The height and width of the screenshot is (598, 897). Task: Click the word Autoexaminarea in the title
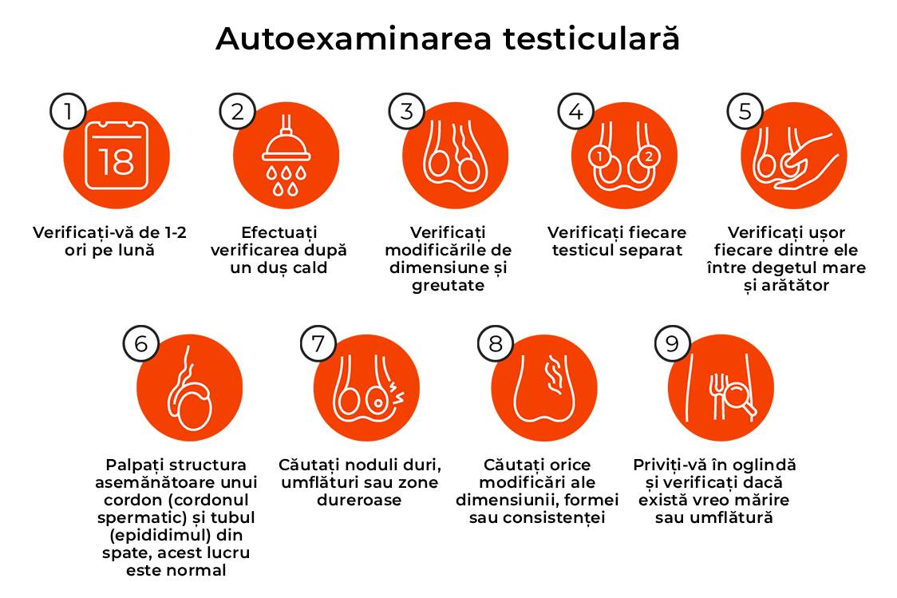click(354, 39)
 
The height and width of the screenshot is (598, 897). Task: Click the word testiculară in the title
click(591, 38)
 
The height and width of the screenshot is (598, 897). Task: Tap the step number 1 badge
click(68, 111)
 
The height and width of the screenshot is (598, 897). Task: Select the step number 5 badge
click(745, 111)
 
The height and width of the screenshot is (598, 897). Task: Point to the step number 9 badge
click(673, 343)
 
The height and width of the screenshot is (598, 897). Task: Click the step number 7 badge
click(318, 343)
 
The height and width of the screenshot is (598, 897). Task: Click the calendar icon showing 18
click(117, 156)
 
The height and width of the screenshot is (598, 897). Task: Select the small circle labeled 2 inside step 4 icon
click(648, 156)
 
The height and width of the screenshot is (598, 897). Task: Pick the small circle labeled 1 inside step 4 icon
click(599, 156)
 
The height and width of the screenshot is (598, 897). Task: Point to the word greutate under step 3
click(448, 286)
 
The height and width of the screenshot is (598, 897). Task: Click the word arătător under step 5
click(795, 285)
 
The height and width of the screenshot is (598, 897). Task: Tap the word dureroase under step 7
click(359, 500)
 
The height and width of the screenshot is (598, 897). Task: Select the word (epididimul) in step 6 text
click(176, 536)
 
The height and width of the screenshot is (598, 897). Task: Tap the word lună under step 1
click(136, 250)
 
